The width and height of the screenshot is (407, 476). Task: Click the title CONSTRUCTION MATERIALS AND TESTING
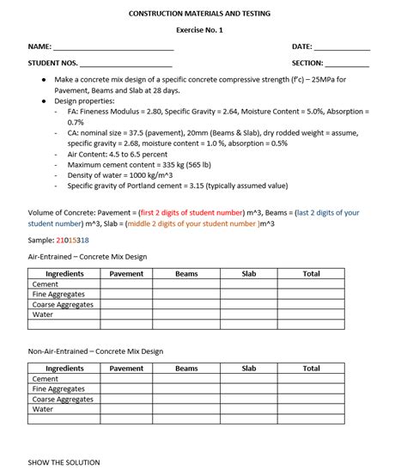[199, 14]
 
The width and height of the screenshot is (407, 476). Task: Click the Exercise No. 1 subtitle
[199, 30]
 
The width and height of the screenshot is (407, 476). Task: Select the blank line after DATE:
[342, 47]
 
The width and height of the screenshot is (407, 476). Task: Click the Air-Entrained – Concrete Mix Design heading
[88, 256]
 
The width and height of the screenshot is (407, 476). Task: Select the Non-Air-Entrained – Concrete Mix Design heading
[95, 351]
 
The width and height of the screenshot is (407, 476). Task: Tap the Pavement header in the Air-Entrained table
[126, 274]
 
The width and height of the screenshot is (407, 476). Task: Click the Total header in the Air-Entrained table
[311, 274]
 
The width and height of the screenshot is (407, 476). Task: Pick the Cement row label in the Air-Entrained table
[46, 284]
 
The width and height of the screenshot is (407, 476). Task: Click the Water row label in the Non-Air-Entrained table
[43, 409]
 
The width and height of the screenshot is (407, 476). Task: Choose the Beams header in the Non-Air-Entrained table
[186, 369]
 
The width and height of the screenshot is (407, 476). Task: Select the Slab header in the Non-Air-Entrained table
[249, 369]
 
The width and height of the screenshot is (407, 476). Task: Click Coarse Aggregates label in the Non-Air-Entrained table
[63, 400]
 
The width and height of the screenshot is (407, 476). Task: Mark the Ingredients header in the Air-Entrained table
[64, 274]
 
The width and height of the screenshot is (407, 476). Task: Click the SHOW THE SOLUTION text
[64, 462]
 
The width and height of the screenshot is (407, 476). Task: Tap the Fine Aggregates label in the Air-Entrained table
[58, 294]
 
